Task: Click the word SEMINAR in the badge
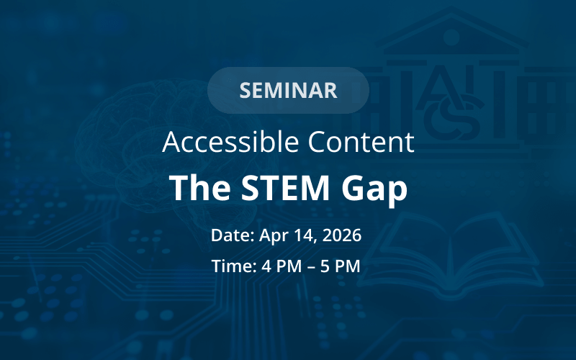click(x=288, y=91)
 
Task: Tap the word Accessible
click(x=230, y=141)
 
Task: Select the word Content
click(x=361, y=142)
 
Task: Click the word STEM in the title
click(x=285, y=188)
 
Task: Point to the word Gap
click(x=374, y=189)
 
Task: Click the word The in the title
click(x=199, y=187)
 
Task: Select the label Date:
click(x=233, y=235)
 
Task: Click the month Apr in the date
click(x=273, y=236)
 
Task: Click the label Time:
click(x=234, y=266)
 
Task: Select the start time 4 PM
click(x=282, y=266)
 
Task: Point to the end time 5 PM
click(x=340, y=266)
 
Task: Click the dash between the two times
click(x=311, y=267)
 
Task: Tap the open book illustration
click(x=450, y=253)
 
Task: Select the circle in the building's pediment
click(x=451, y=37)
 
